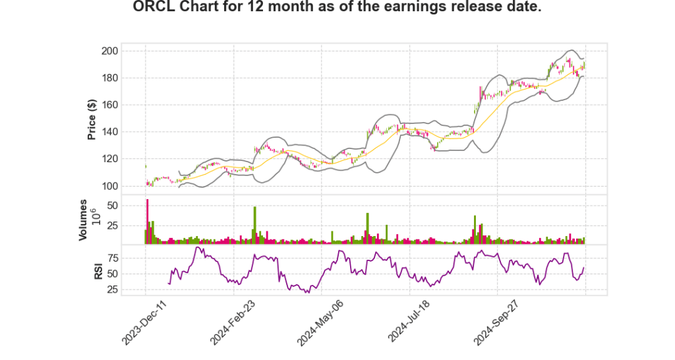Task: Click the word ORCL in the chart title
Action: coord(154,9)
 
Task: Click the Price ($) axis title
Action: coord(92,118)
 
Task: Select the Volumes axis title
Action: coord(83,219)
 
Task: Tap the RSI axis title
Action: coord(98,271)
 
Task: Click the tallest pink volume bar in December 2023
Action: coord(148,221)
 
